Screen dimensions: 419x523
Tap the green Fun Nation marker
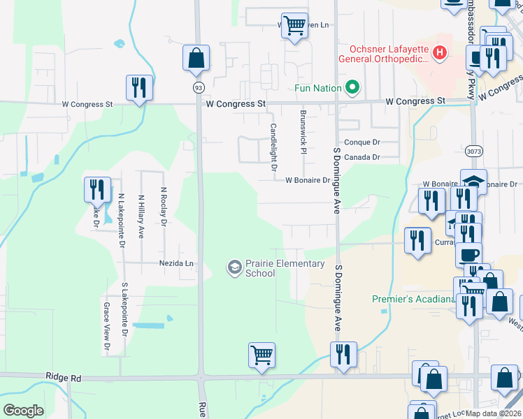pyautogui.click(x=352, y=88)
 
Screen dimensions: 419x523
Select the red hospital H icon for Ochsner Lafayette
pyautogui.click(x=439, y=52)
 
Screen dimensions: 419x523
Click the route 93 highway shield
pyautogui.click(x=199, y=87)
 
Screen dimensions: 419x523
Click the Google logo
pyautogui.click(x=24, y=410)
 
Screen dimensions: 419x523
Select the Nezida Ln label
pyautogui.click(x=175, y=263)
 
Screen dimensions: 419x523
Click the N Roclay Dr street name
pyautogui.click(x=164, y=205)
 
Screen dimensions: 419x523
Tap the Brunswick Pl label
pyautogui.click(x=303, y=132)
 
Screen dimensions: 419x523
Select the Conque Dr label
pyautogui.click(x=361, y=142)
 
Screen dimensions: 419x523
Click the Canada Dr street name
pyautogui.click(x=361, y=157)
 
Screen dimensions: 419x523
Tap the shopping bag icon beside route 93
pyautogui.click(x=196, y=58)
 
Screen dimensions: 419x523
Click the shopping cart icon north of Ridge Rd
pyautogui.click(x=261, y=354)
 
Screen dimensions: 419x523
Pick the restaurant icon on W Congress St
pyautogui.click(x=138, y=88)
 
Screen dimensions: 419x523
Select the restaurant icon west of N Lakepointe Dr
pyautogui.click(x=96, y=189)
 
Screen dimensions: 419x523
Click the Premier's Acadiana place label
pyautogui.click(x=410, y=299)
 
